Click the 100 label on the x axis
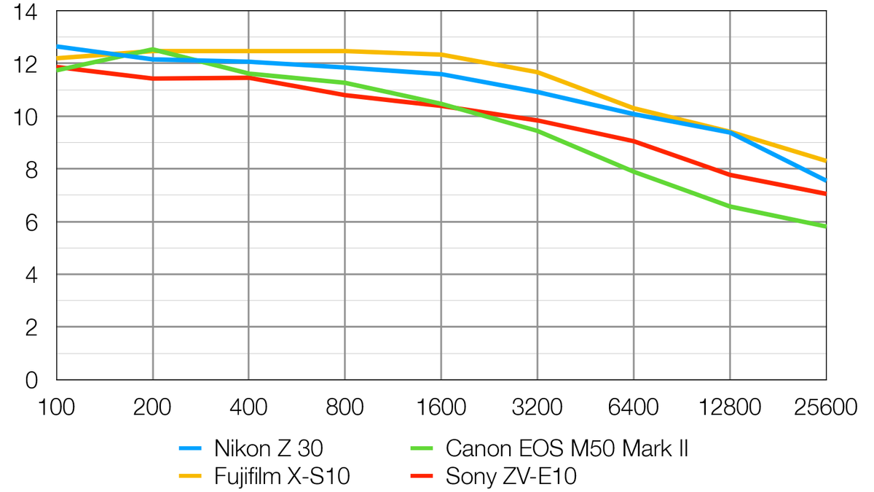(x=57, y=407)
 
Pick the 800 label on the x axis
(x=345, y=407)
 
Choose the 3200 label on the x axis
(x=537, y=407)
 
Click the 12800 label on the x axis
(x=729, y=407)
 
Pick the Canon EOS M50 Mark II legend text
(x=567, y=448)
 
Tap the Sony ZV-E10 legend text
(x=511, y=477)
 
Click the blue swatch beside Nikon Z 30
(x=190, y=448)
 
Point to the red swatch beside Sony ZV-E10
(x=422, y=477)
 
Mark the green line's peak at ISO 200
(x=153, y=50)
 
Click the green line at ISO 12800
(x=729, y=206)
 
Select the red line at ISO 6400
(x=634, y=141)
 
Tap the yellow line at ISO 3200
(x=537, y=72)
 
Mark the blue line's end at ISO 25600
(x=825, y=180)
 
